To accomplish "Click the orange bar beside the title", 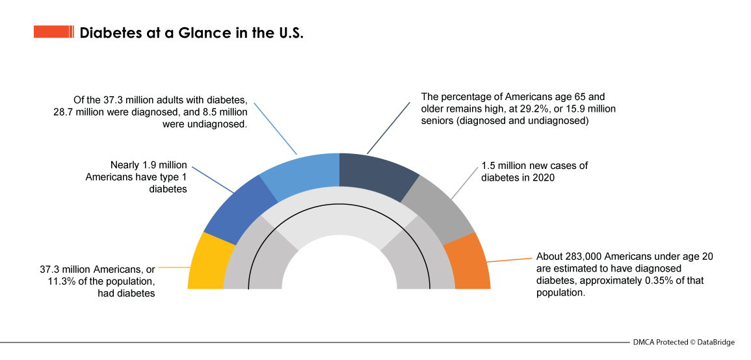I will (54, 32).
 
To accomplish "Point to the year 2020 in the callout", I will (542, 177).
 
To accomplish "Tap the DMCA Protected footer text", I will (659, 342).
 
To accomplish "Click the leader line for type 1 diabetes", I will (214, 179).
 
